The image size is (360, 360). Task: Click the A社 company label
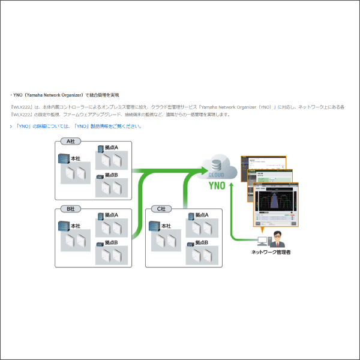(70, 142)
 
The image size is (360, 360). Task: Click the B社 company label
(70, 209)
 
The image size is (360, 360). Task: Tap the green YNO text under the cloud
(217, 185)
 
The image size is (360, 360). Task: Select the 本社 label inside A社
(76, 158)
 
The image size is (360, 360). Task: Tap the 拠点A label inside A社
(112, 148)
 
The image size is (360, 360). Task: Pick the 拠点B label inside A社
(112, 175)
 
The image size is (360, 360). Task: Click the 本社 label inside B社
(76, 226)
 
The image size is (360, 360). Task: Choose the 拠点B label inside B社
(112, 242)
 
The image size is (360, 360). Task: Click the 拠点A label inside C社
(201, 215)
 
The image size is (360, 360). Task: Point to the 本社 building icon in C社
(153, 227)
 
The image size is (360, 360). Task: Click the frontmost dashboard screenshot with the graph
(275, 204)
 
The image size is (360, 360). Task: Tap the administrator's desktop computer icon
(262, 241)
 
